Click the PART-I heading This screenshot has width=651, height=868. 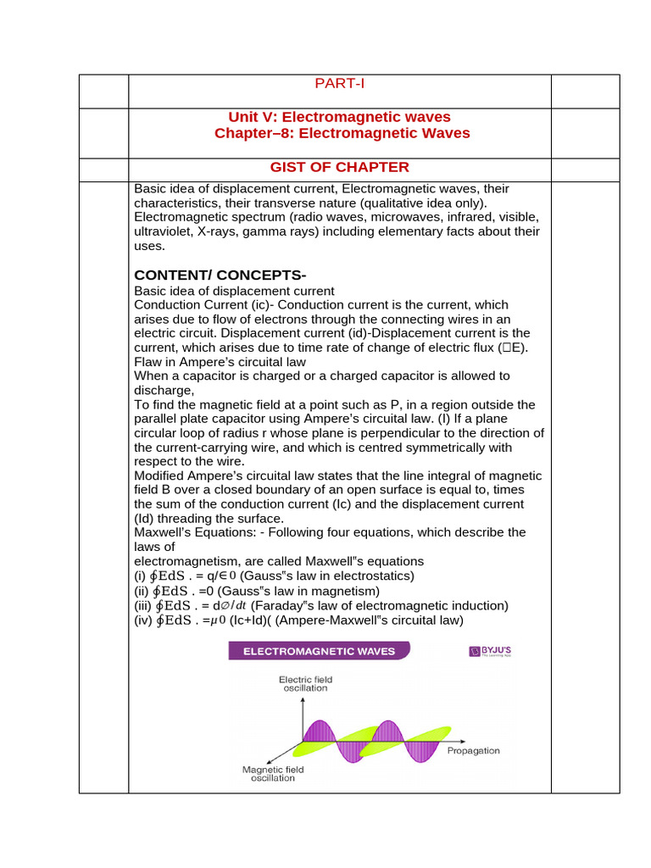(339, 83)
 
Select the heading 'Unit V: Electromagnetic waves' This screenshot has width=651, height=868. (339, 117)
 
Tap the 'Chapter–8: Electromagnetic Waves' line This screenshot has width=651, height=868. (342, 133)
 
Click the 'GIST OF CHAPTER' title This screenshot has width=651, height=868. (339, 167)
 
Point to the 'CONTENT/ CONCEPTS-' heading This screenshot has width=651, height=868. (220, 276)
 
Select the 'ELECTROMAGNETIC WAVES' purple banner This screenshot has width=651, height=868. (318, 651)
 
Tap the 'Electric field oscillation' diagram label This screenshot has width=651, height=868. (307, 684)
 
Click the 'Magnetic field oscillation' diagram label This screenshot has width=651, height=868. (273, 774)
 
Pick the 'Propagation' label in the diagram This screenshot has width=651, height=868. (473, 750)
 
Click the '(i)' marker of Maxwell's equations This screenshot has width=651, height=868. (141, 576)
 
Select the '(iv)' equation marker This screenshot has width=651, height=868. (143, 620)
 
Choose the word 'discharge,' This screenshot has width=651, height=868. (164, 390)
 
